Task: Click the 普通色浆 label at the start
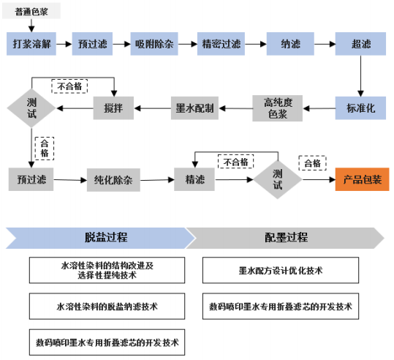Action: [x=31, y=11]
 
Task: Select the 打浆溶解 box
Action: [x=31, y=44]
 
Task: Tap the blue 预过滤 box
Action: [x=92, y=44]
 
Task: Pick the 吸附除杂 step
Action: [x=154, y=44]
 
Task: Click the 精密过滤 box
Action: [x=221, y=44]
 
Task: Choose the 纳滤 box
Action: [x=290, y=44]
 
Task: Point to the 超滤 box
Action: [x=360, y=44]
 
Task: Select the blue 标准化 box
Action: [x=360, y=108]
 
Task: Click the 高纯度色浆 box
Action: [x=278, y=108]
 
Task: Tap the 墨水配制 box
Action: [x=194, y=108]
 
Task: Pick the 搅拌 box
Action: [x=113, y=108]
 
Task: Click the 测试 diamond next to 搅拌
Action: [x=31, y=108]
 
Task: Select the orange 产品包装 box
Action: [x=362, y=179]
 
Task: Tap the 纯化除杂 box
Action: [x=113, y=180]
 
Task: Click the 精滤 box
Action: [x=194, y=179]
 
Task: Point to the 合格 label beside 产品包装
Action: [x=313, y=163]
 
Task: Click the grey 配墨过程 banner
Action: [x=285, y=238]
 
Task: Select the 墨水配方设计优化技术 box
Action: [x=281, y=271]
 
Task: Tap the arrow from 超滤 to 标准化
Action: [x=361, y=76]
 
